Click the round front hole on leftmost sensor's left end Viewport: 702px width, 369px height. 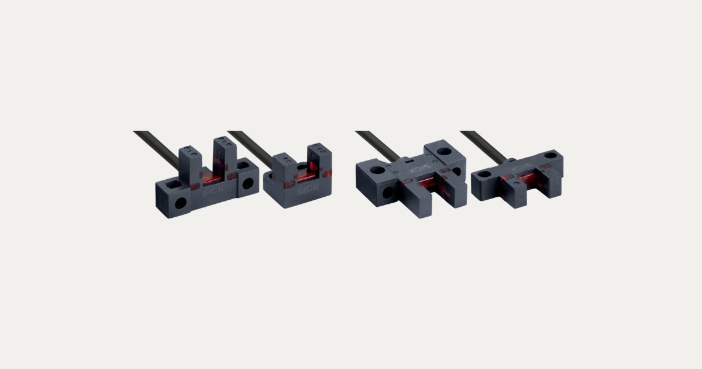(x=181, y=203)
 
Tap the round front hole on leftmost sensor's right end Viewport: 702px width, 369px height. (x=248, y=183)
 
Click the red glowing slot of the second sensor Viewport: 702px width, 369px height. (x=307, y=176)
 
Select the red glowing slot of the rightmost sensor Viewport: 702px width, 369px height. (x=524, y=179)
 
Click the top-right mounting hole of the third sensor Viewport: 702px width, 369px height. (x=445, y=151)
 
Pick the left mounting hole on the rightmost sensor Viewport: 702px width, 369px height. (x=485, y=173)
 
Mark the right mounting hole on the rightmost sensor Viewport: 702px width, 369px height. (x=550, y=156)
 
